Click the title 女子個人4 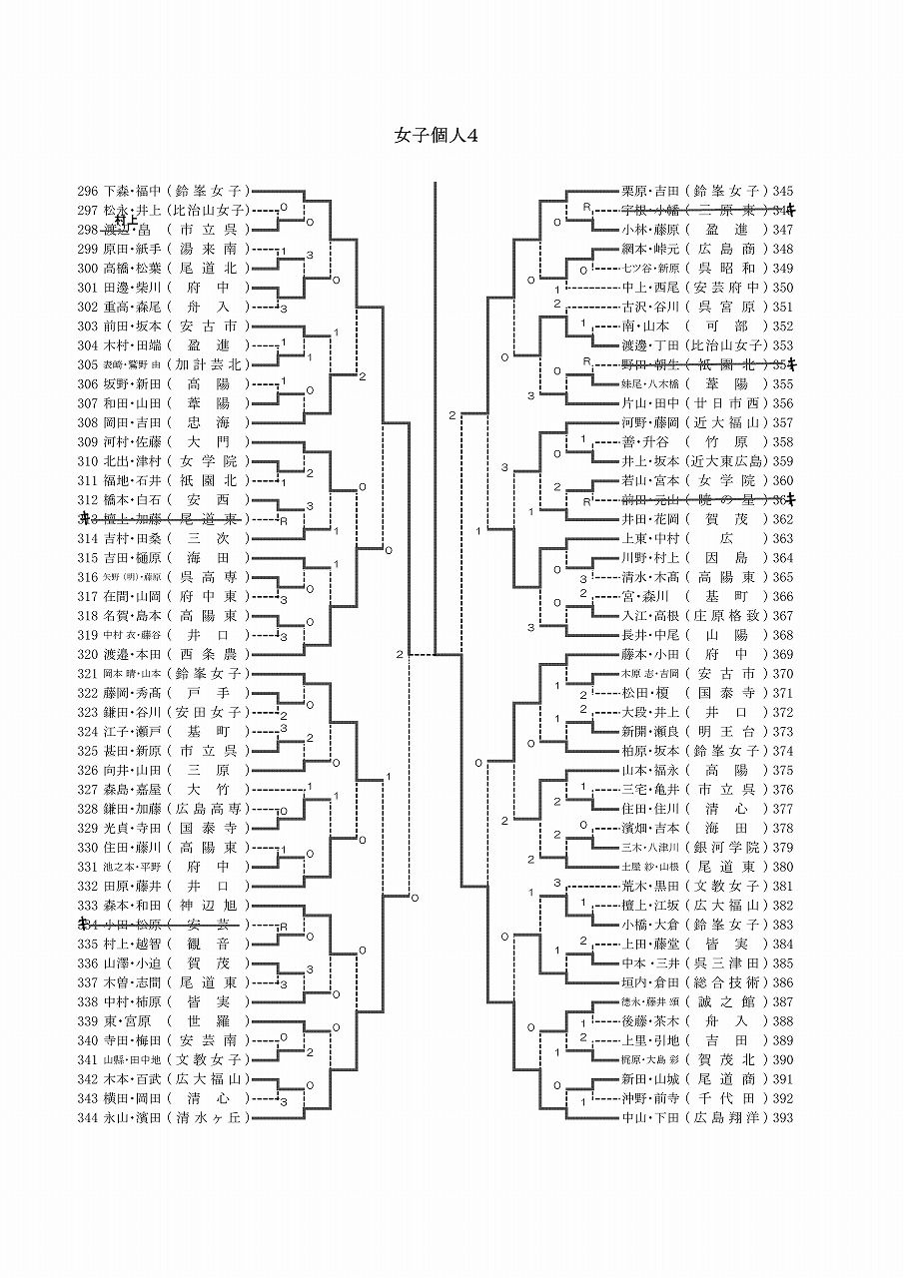[x=437, y=137]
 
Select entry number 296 [x=88, y=191]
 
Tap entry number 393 [x=783, y=1118]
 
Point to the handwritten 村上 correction [x=125, y=221]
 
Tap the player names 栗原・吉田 [x=649, y=191]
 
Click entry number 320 [x=88, y=655]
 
